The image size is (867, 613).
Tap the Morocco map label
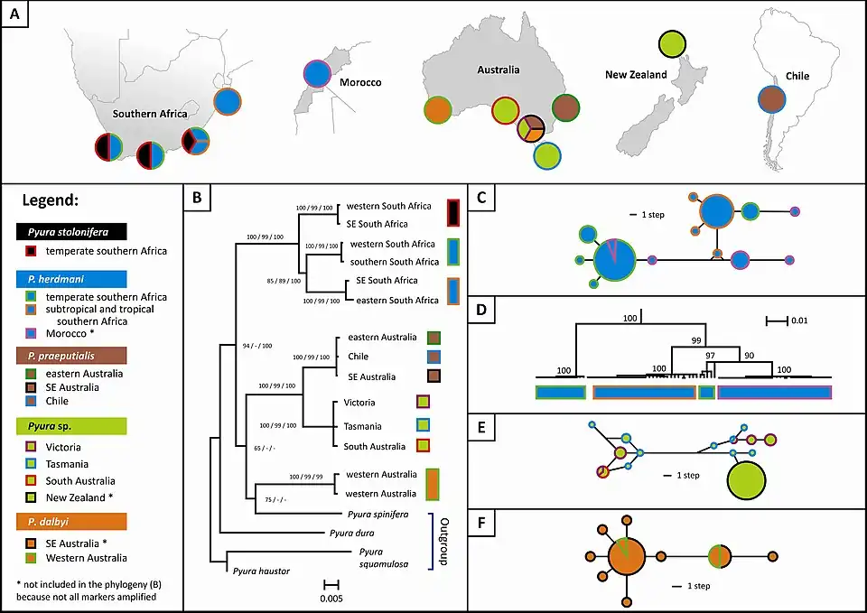[x=360, y=82]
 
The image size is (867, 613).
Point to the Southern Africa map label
[x=149, y=115]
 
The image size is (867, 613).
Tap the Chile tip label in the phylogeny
[x=359, y=357]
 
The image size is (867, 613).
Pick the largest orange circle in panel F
[x=625, y=557]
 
